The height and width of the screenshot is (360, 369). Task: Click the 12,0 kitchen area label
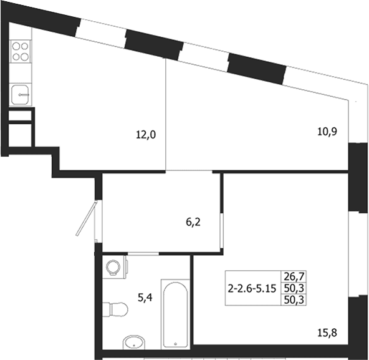pos(146,135)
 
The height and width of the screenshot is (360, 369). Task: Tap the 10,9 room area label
pos(327,132)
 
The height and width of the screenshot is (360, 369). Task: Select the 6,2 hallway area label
pos(193,222)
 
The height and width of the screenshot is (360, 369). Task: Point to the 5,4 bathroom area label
pos(145,298)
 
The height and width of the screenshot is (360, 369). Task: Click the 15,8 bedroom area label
pos(327,333)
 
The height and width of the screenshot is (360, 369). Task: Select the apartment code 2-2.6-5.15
pos(252,288)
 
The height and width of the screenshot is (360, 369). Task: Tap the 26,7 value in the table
pos(294,276)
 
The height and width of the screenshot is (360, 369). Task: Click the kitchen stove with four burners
pos(20,51)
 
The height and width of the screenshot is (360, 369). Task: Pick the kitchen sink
pos(20,95)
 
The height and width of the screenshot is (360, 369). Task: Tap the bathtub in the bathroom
pos(176,314)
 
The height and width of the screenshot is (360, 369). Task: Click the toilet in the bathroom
pos(115,309)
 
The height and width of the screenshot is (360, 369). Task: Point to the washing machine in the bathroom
pos(115,268)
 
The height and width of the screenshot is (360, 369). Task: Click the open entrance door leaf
pos(87,218)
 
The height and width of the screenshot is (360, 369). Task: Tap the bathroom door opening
pos(143,253)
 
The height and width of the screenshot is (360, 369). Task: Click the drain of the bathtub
pos(176,344)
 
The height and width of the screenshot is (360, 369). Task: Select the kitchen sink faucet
pos(24,95)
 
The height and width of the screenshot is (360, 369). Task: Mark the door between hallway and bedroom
pos(222,230)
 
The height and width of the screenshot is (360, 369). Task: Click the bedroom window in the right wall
pos(358,254)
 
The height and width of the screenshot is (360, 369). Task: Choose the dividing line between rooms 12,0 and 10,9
pos(166,114)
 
